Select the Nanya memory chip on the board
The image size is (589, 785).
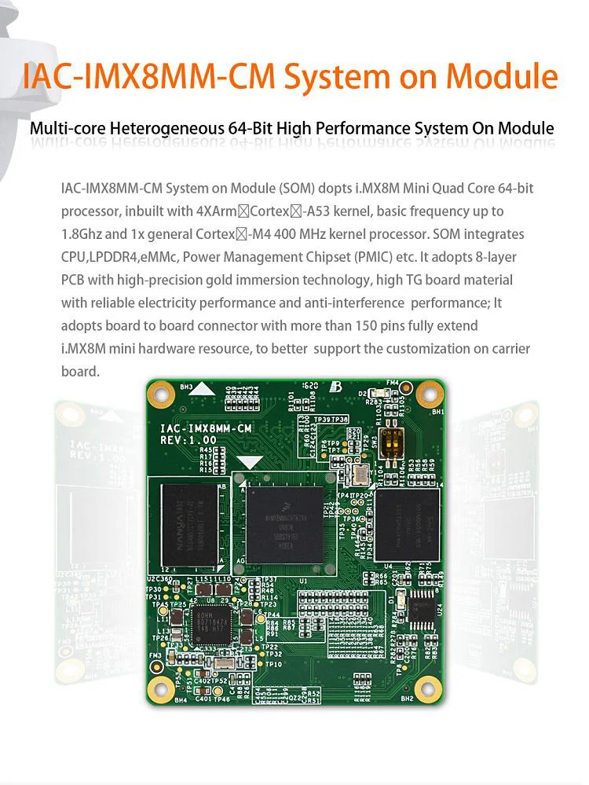point(188,520)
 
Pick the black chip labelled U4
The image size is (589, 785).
point(406,524)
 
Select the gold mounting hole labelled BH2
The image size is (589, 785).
point(429,684)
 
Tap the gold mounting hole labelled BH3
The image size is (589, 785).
point(161,393)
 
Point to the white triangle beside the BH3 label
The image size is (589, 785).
point(203,387)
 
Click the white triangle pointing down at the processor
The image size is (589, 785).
point(250,463)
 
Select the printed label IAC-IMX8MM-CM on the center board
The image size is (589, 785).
point(206,427)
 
